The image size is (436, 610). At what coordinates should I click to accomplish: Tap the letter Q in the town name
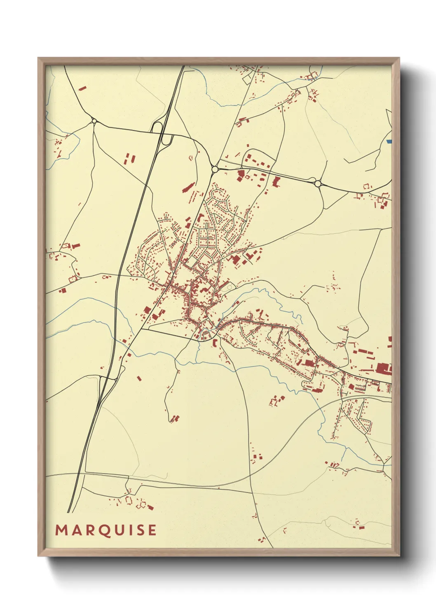pyautogui.click(x=105, y=530)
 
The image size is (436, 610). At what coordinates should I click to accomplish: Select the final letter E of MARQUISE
pyautogui.click(x=152, y=530)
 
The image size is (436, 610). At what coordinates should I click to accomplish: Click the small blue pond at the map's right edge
pyautogui.click(x=389, y=141)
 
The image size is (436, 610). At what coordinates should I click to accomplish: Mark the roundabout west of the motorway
pyautogui.click(x=94, y=121)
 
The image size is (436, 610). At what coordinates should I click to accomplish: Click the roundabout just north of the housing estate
pyautogui.click(x=215, y=169)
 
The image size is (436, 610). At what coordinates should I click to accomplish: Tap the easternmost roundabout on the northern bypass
pyautogui.click(x=318, y=183)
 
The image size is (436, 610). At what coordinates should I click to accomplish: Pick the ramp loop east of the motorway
pyautogui.click(x=166, y=140)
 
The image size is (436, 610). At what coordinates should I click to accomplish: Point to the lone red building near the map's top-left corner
pyautogui.click(x=82, y=88)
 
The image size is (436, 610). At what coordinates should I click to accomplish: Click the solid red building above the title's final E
pyautogui.click(x=150, y=507)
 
